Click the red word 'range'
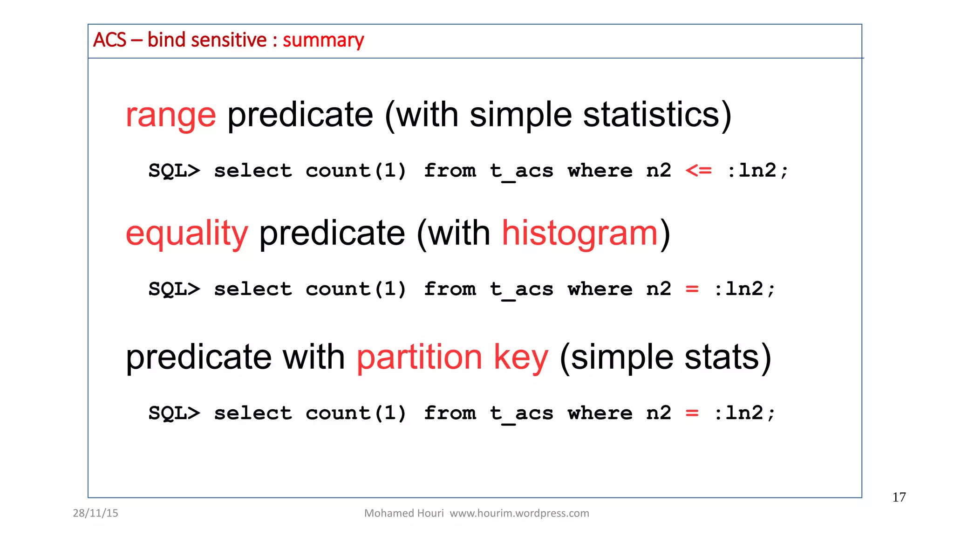coord(170,116)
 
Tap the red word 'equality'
coord(187,234)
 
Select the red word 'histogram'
coord(580,234)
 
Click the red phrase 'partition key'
coord(452,358)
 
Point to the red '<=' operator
coord(698,171)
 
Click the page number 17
coord(899,497)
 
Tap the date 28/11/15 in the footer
coord(95,513)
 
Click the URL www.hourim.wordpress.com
coord(519,513)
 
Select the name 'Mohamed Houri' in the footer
coord(404,513)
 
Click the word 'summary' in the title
coord(323,41)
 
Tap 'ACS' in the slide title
coord(109,40)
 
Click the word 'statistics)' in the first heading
coord(657,115)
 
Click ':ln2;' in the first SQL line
coord(757,171)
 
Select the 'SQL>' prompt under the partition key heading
coord(174,413)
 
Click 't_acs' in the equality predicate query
coord(521,289)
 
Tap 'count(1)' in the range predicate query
coord(356,171)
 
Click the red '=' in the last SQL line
coord(692,413)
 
